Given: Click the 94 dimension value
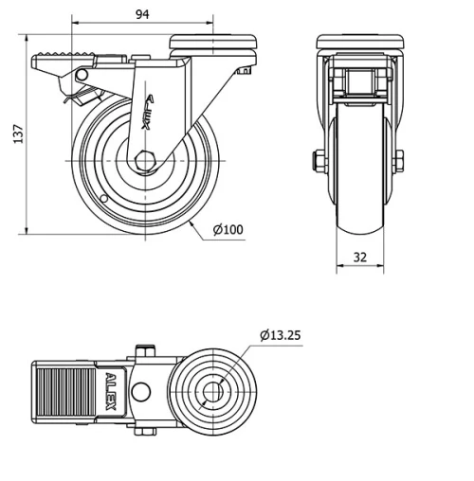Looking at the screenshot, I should click(142, 14).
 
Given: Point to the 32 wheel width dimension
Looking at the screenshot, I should click(360, 257).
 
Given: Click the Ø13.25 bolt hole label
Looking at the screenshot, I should click(280, 334).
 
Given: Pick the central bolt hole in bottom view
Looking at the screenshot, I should click(212, 391).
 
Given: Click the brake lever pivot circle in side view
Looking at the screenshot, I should click(82, 74).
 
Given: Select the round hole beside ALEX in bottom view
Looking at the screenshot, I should click(144, 392).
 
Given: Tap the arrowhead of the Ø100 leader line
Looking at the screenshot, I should click(192, 223).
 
